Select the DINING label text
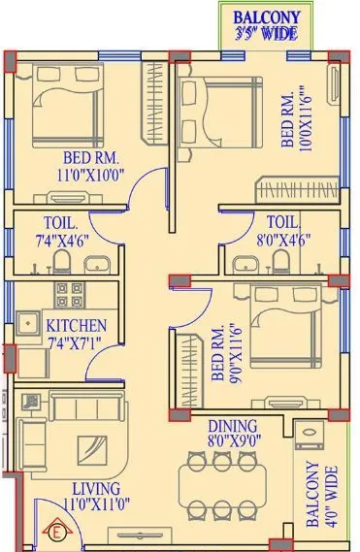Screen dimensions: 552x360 pyautogui.click(x=231, y=425)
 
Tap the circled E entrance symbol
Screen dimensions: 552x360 pyautogui.click(x=55, y=531)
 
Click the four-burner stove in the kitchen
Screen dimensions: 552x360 pyautogui.click(x=67, y=294)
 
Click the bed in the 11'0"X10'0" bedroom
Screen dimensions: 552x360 pyautogui.click(x=65, y=101)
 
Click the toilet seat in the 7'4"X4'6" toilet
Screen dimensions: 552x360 pyautogui.click(x=61, y=261)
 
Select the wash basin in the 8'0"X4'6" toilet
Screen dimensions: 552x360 pyautogui.click(x=243, y=261)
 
